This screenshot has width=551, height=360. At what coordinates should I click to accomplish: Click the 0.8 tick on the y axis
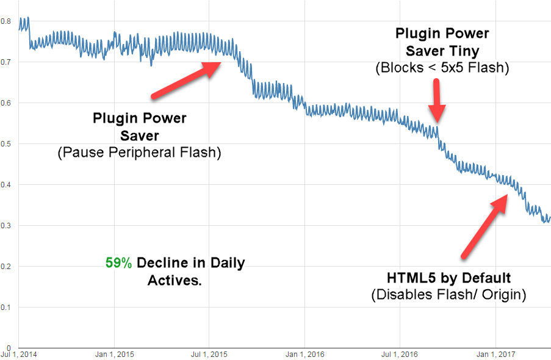click(5, 21)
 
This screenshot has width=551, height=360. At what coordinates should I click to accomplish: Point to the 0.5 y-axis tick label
click(5, 143)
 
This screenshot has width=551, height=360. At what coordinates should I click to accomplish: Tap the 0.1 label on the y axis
click(5, 307)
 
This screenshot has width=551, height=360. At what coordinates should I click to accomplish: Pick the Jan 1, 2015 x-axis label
click(115, 354)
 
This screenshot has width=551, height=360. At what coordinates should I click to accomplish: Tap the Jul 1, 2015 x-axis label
click(210, 354)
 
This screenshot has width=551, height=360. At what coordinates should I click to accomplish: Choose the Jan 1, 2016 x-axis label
click(306, 354)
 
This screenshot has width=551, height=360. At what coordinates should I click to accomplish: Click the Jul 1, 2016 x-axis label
click(400, 354)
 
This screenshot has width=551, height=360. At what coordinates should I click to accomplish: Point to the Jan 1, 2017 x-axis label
click(495, 354)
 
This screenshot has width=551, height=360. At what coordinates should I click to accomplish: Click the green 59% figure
click(118, 264)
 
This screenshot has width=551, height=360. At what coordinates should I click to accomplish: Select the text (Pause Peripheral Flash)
click(139, 152)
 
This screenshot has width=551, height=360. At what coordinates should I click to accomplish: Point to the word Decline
click(161, 264)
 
